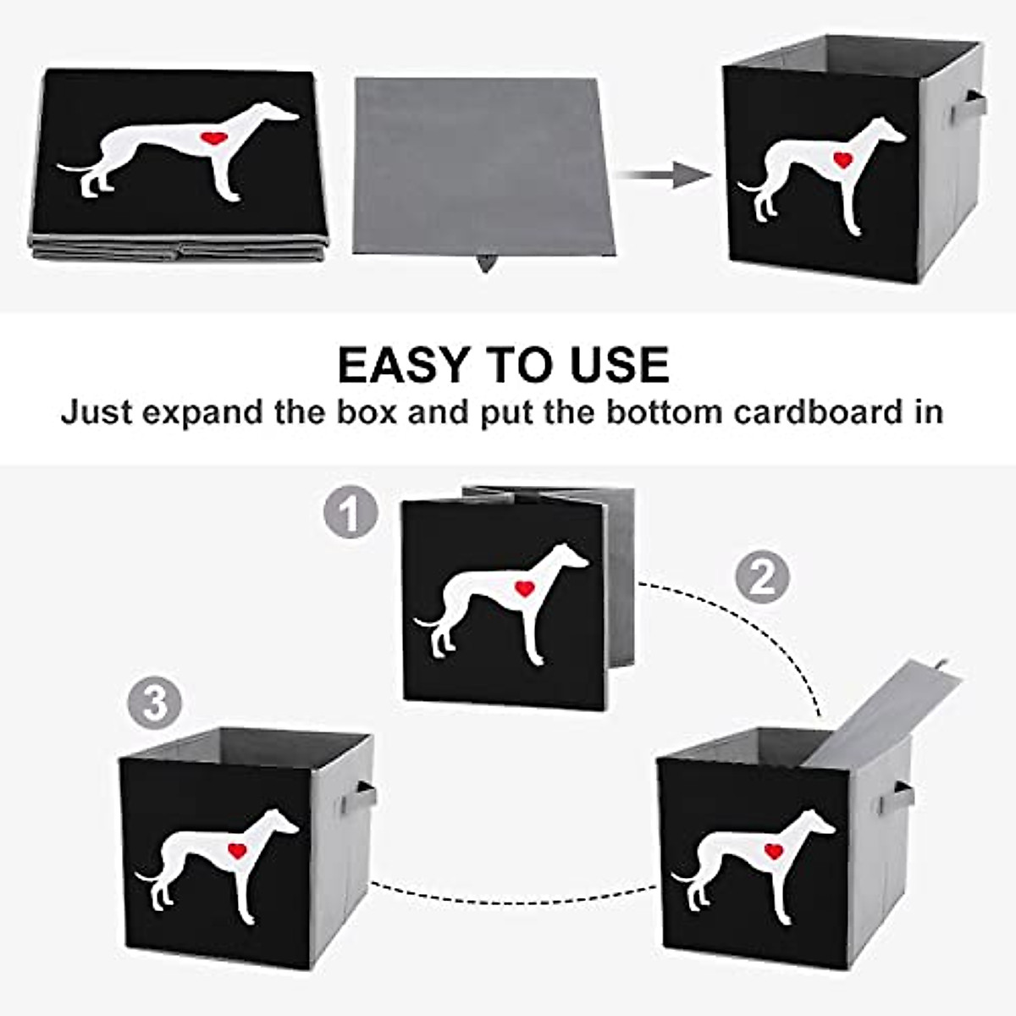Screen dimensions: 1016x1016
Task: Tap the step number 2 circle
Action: (x=761, y=578)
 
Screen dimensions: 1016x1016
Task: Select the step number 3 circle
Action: (x=155, y=704)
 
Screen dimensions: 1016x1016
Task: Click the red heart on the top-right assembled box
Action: (x=842, y=158)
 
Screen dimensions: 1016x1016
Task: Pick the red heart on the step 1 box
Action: (x=525, y=588)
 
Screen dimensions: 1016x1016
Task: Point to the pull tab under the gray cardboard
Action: (x=485, y=263)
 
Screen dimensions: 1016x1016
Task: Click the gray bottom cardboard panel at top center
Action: (x=478, y=165)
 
